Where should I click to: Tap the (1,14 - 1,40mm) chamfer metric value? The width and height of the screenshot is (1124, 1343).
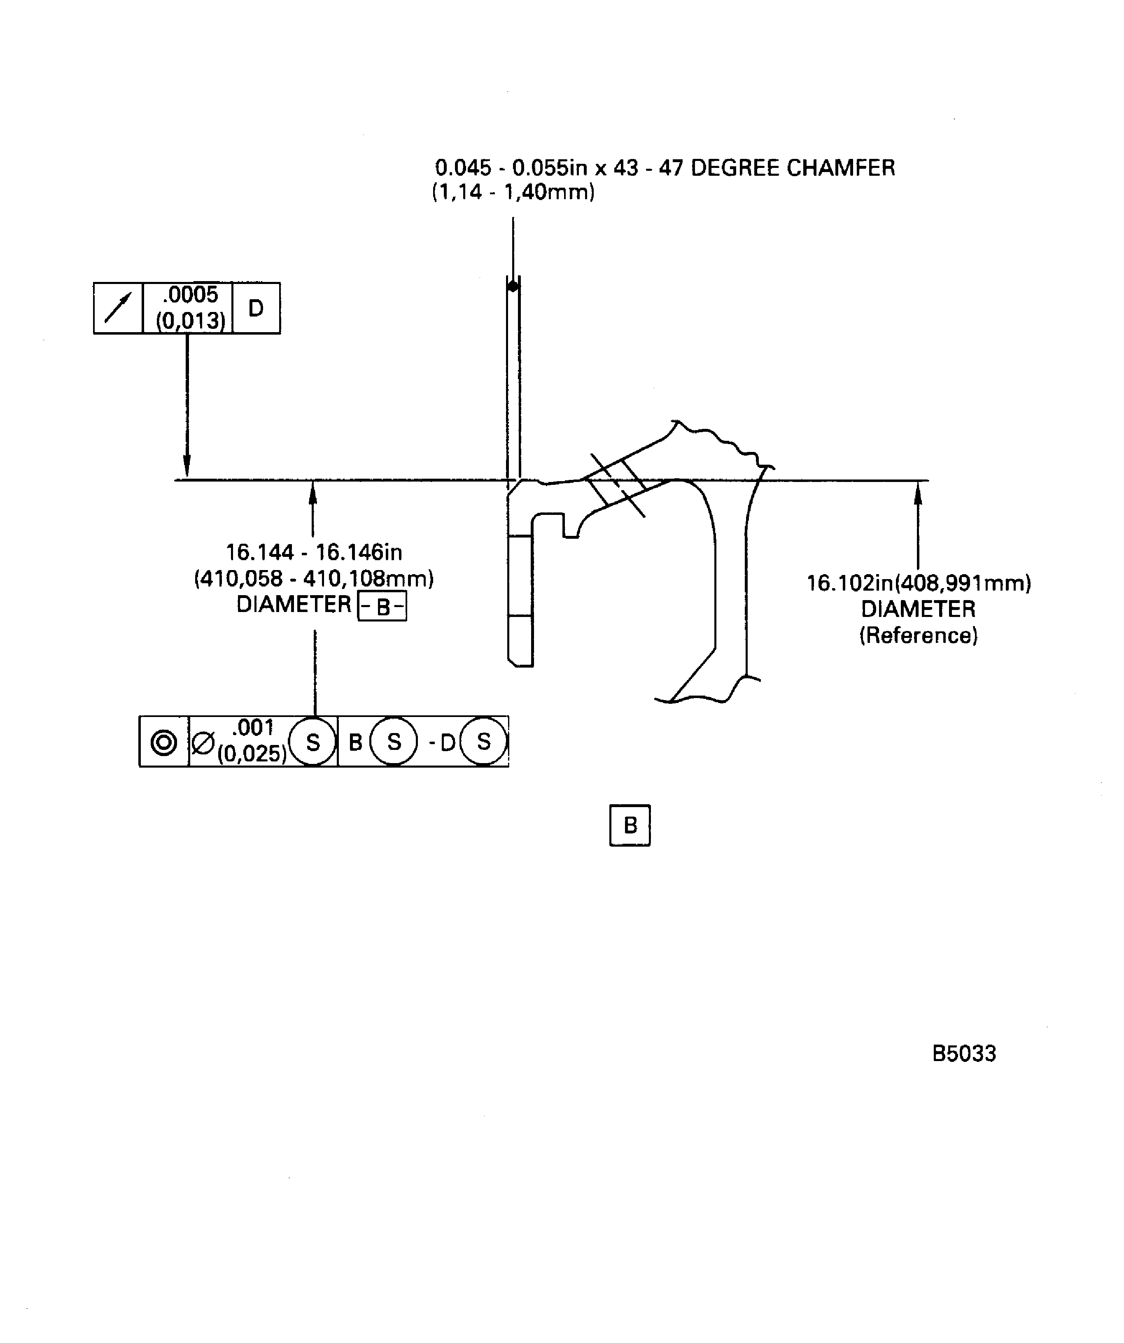pos(513,192)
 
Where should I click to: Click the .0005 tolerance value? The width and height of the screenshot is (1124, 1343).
pos(190,295)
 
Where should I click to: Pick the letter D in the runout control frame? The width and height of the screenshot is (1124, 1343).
pos(256,308)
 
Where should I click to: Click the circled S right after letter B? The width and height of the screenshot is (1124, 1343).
pos(394,742)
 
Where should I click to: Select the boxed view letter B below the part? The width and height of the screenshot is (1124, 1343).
pos(630,826)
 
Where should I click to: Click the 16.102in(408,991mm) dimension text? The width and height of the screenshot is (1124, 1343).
pos(918,583)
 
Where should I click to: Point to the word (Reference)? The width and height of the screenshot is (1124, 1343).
pos(918,635)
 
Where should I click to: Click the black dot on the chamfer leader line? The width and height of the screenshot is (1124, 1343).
pos(513,286)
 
